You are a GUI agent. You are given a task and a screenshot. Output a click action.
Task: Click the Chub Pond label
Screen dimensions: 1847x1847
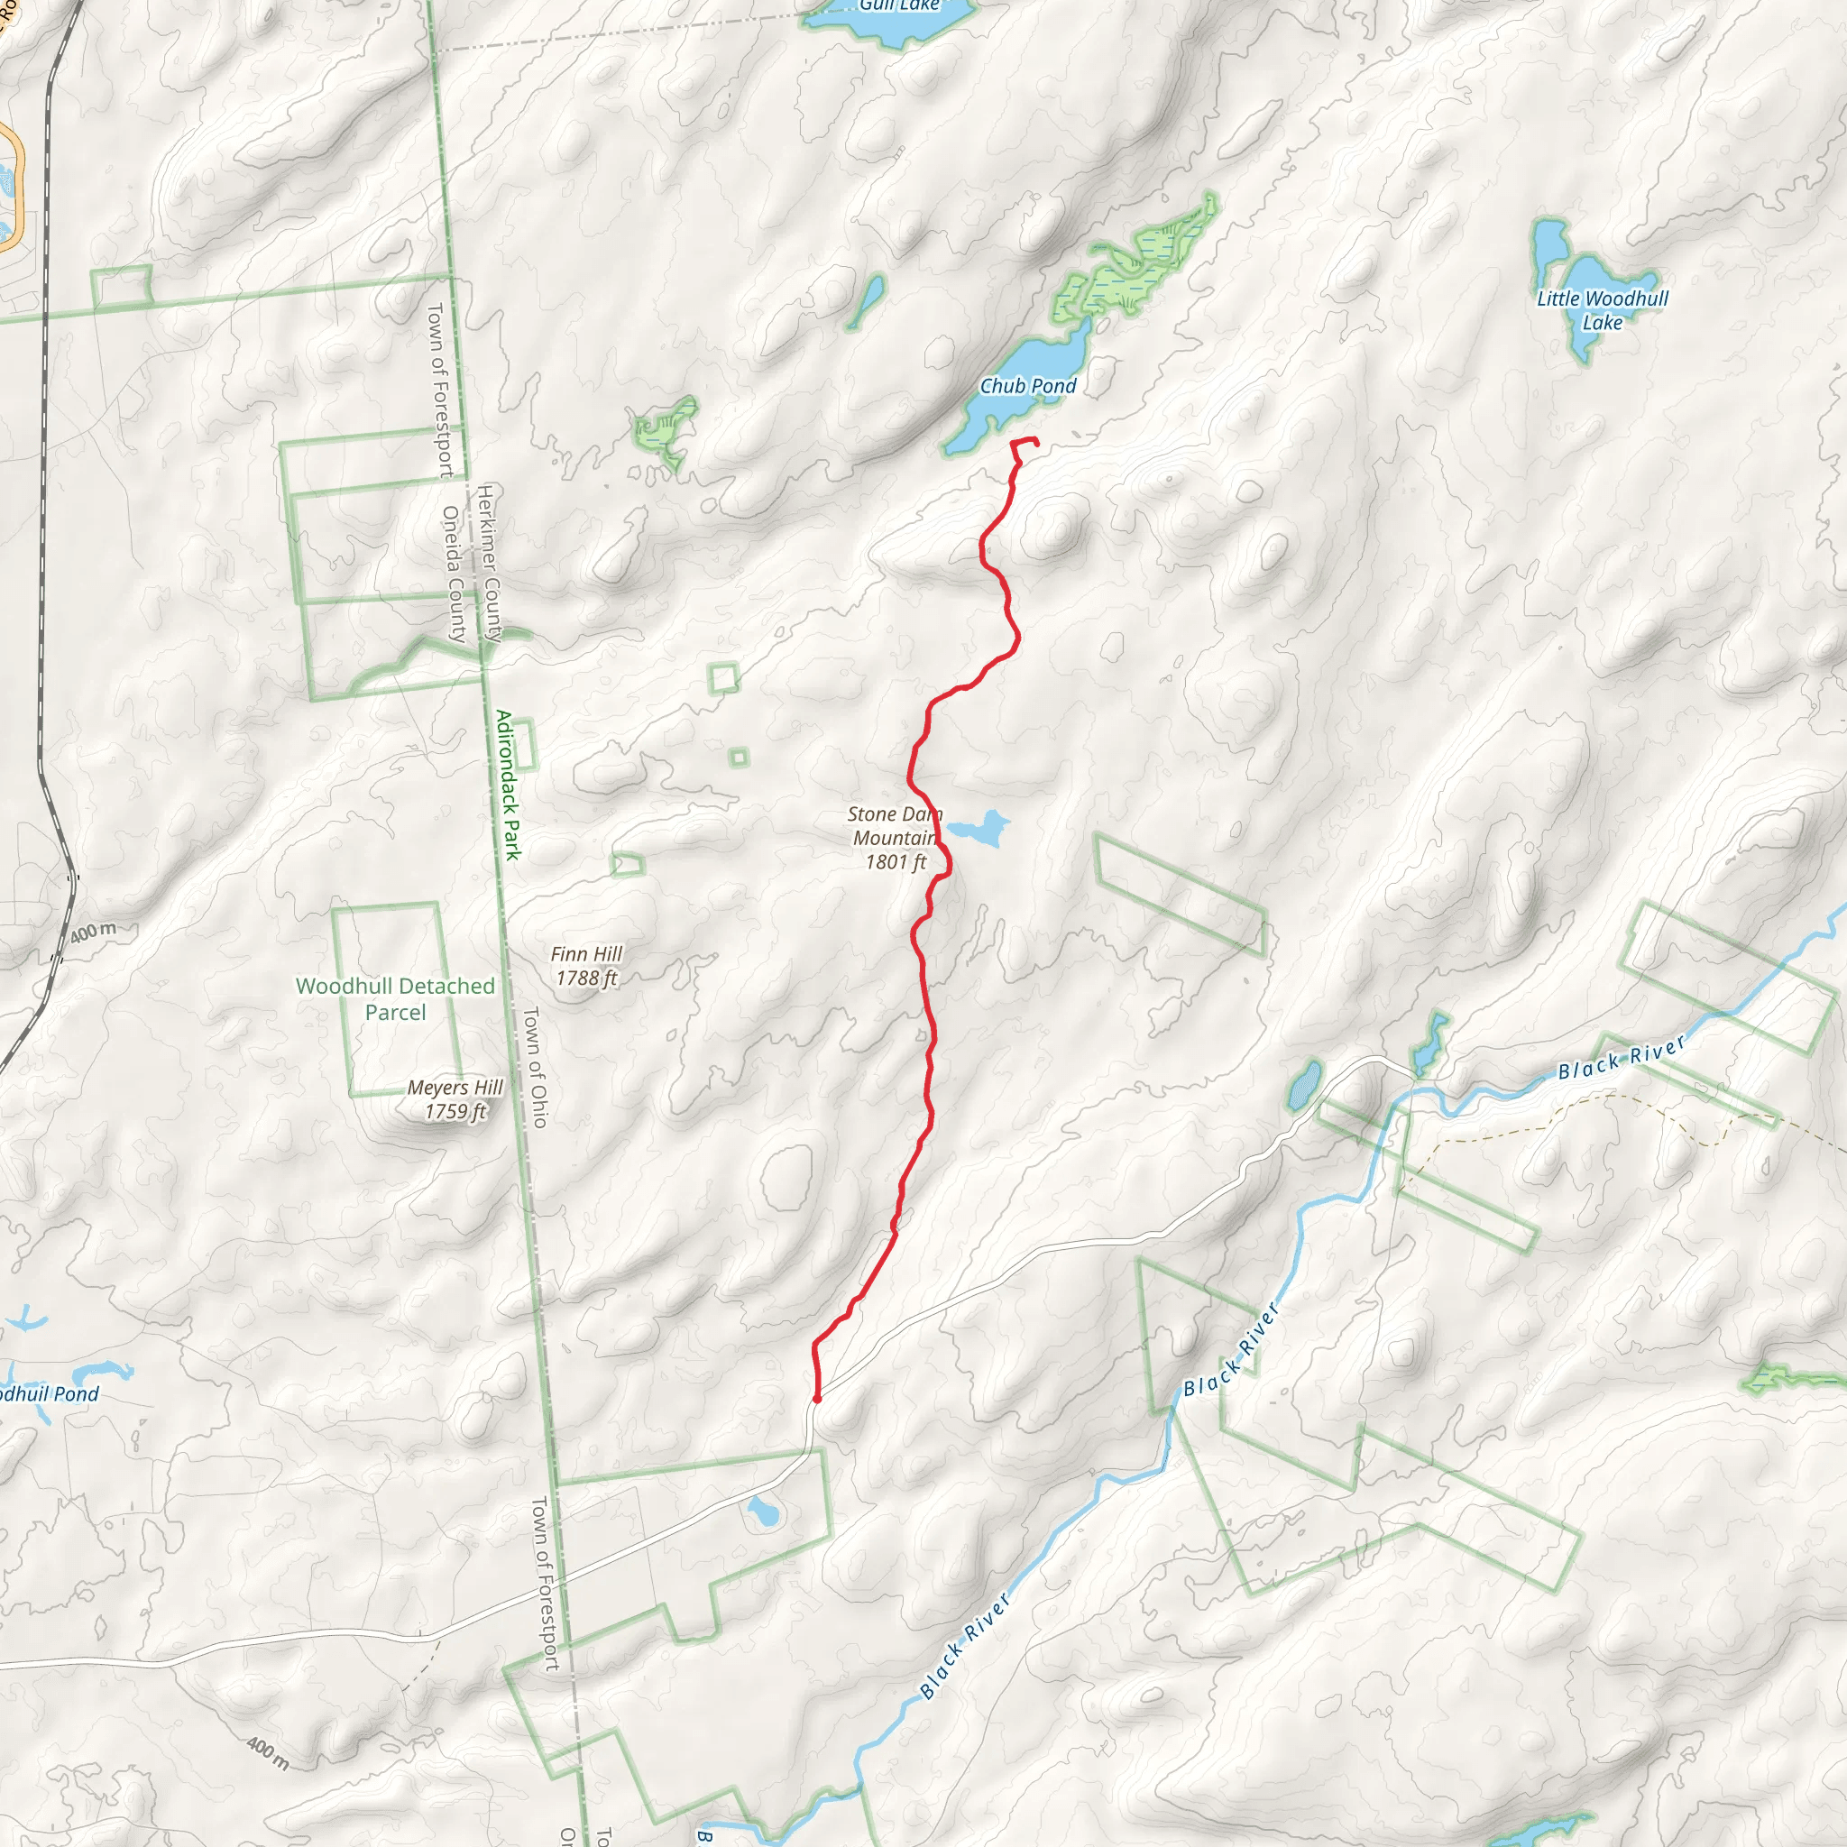point(1028,386)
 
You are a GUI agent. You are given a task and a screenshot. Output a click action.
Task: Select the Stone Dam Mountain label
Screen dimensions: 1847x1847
point(895,839)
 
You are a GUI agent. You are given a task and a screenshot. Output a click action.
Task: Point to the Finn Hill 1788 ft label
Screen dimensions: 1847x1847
point(586,966)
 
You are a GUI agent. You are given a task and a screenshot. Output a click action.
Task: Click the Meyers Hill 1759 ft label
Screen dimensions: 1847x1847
point(455,1099)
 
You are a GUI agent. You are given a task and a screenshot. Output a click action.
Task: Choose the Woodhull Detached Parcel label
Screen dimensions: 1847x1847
point(395,999)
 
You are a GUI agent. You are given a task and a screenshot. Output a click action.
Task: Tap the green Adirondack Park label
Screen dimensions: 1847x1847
point(509,785)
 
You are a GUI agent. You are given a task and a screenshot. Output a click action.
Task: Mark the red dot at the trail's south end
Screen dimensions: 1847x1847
point(816,1400)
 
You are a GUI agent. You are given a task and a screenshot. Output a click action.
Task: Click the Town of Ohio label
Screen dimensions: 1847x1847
point(536,1067)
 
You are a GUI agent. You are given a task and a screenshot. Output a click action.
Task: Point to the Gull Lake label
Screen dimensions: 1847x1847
point(898,5)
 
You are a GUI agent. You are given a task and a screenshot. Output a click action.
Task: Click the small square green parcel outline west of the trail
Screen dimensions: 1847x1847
point(723,678)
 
